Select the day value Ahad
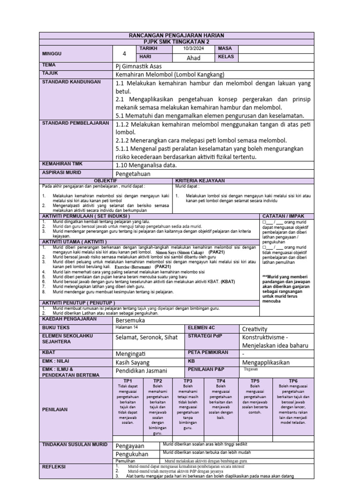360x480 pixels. (194, 58)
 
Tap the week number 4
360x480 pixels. (124, 53)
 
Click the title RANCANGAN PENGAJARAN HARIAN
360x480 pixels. (177, 36)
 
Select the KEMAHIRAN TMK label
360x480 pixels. (63, 164)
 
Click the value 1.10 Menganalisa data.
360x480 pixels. (145, 165)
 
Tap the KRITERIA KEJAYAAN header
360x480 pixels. (200, 180)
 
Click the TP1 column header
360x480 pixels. (128, 381)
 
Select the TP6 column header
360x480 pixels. (293, 381)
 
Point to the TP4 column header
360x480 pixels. (221, 381)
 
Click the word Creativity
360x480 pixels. (255, 329)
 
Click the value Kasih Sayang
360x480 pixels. (133, 362)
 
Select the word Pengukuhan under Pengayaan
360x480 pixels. (132, 454)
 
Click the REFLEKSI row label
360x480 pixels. (54, 466)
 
